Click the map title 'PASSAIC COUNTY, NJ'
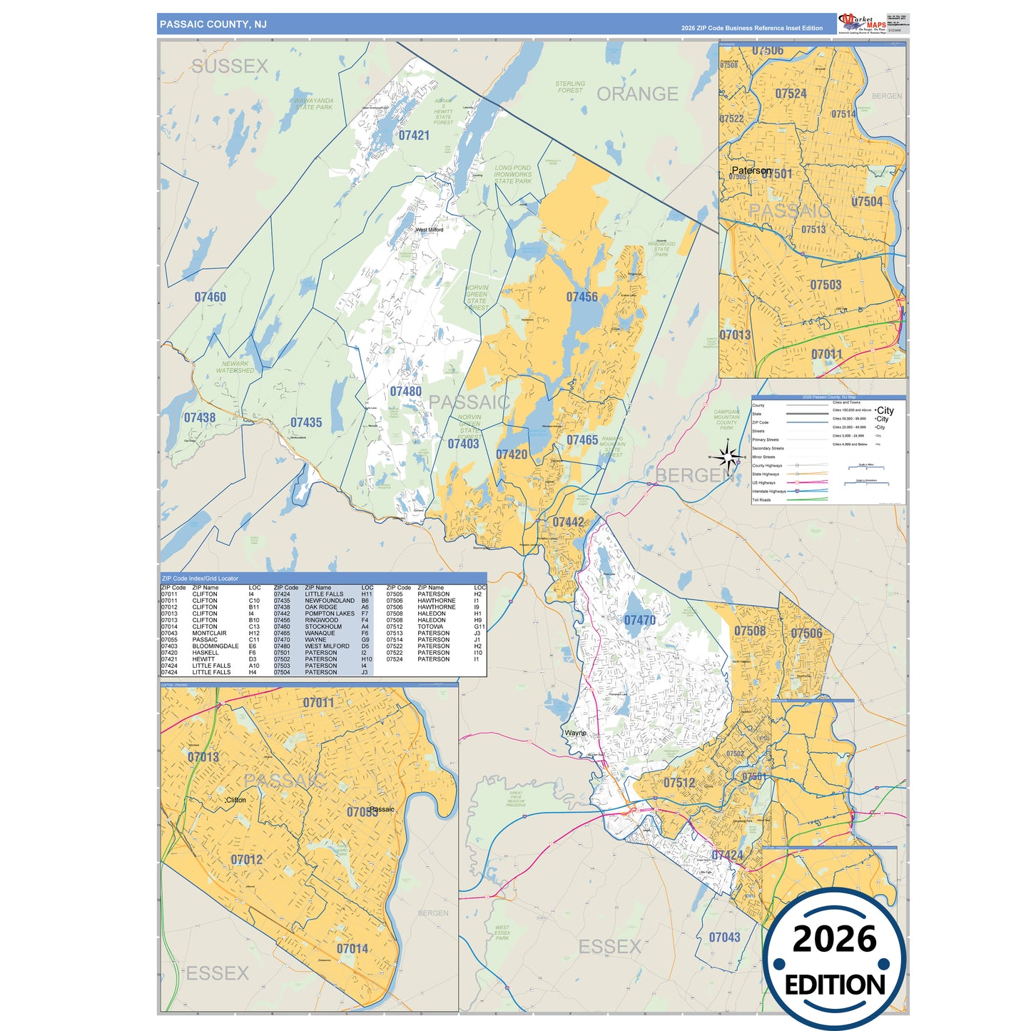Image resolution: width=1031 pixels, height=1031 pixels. (213, 24)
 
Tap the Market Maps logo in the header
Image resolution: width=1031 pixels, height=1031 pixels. (863, 24)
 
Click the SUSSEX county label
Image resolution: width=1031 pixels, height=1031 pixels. (230, 66)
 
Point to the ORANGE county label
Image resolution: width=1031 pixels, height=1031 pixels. (637, 94)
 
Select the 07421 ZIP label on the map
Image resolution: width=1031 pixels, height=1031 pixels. (414, 136)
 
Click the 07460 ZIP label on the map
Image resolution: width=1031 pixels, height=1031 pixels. (210, 297)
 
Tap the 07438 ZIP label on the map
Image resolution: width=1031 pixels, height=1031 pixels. (200, 417)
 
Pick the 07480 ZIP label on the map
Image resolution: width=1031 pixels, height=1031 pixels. (405, 391)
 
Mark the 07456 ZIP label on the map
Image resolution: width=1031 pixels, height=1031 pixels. (581, 297)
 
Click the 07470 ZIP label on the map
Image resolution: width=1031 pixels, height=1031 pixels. (639, 620)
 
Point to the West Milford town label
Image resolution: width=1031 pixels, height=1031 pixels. (430, 230)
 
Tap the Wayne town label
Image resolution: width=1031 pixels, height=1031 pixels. (575, 733)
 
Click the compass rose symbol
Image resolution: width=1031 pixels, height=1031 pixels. (727, 457)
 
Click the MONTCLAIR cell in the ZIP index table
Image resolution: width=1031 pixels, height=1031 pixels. (209, 633)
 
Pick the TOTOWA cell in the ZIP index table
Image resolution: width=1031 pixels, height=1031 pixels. (430, 626)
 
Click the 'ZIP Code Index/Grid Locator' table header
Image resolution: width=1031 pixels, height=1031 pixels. (200, 578)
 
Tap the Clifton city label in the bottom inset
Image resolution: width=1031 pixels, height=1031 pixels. (235, 800)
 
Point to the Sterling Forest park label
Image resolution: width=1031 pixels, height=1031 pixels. (570, 87)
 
